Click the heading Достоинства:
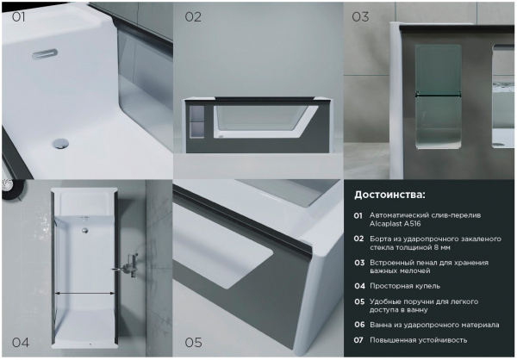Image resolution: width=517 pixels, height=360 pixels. pos(389,195)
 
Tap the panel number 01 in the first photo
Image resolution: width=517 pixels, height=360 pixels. pos(18,17)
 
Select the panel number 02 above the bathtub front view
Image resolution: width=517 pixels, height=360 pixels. pos(193,17)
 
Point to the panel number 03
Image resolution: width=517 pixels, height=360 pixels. pos(360,17)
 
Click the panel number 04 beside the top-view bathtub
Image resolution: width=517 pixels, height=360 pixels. pos(21,343)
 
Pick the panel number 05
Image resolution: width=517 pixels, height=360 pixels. pos(193,343)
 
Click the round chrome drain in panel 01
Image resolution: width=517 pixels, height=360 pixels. pos(61,143)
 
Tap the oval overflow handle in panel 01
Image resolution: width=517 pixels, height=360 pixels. pos(45,53)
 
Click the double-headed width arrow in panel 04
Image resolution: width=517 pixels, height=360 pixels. pos(84,293)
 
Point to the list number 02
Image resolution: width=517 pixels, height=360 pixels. pos(358,239)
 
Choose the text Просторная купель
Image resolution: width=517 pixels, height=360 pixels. pos(405,286)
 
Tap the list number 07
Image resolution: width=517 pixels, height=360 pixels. pos(358,340)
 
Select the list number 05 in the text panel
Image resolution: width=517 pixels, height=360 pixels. pos(359,301)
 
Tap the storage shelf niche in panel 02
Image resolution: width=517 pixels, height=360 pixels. pos(197,121)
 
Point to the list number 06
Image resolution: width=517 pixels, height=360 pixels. pos(359,325)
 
